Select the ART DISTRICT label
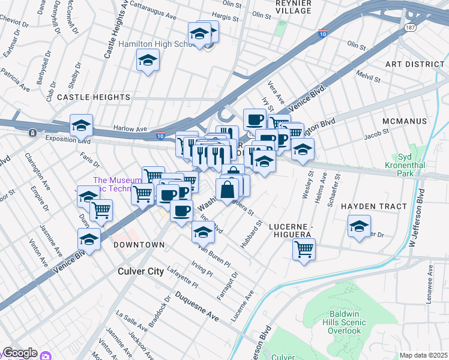[x=414, y=64]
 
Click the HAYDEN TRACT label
[x=370, y=206]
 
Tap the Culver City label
[x=139, y=271]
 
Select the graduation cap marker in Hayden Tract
[x=359, y=227]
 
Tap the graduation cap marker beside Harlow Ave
[x=81, y=125]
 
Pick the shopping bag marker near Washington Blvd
[x=228, y=190]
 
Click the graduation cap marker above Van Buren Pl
[x=203, y=231]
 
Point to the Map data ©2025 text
[x=423, y=355]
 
